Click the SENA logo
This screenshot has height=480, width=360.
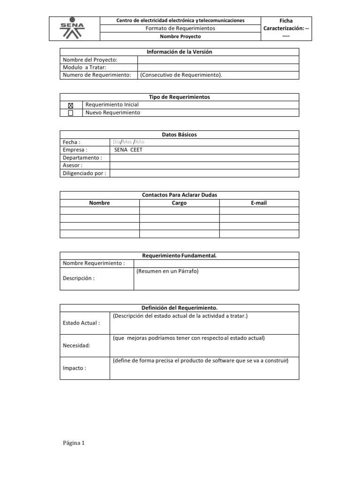coord(75,29)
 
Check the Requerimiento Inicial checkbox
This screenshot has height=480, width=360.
coord(71,105)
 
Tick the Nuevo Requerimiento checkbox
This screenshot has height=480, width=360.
coord(71,113)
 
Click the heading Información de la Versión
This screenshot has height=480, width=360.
coord(180,52)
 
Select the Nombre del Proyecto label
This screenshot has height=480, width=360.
coord(90,60)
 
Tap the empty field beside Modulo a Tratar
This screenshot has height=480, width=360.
coord(218,67)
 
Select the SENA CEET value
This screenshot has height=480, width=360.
coord(128,150)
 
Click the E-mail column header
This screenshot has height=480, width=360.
coord(259,203)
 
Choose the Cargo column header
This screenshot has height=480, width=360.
coord(179,203)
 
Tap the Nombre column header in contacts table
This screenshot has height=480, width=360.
coord(99,203)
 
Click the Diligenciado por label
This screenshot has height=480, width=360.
coord(84,173)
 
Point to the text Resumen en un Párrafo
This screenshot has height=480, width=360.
coord(167,271)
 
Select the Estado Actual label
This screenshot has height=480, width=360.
coord(81,323)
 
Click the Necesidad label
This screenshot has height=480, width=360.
coord(76,345)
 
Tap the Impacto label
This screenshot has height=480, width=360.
coord(75,368)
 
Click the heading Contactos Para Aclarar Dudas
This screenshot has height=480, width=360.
coord(180,195)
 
